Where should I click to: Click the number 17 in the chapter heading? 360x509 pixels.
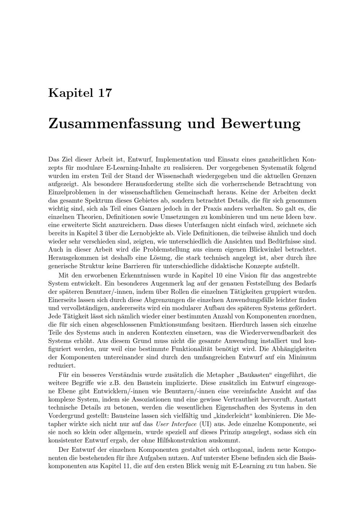point(104,93)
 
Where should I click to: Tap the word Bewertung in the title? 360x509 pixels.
point(261,123)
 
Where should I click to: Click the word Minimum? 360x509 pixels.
point(304,357)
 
